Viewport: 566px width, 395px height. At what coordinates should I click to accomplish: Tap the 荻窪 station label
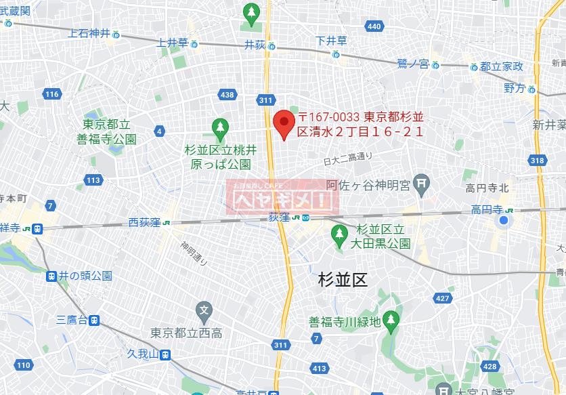279,217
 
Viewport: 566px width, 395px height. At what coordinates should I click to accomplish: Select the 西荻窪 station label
144,222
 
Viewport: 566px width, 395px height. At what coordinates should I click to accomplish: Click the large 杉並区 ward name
343,278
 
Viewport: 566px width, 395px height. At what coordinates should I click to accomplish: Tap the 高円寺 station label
488,210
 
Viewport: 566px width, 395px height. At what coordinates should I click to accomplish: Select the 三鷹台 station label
71,320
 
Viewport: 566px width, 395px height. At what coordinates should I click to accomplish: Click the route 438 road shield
227,94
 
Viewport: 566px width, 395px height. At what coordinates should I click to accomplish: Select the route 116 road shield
52,94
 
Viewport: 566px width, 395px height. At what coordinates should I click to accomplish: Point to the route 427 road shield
443,298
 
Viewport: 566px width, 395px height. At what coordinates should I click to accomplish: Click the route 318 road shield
538,161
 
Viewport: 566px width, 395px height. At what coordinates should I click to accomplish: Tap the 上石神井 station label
89,33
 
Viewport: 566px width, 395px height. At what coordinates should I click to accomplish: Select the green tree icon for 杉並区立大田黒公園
339,234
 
